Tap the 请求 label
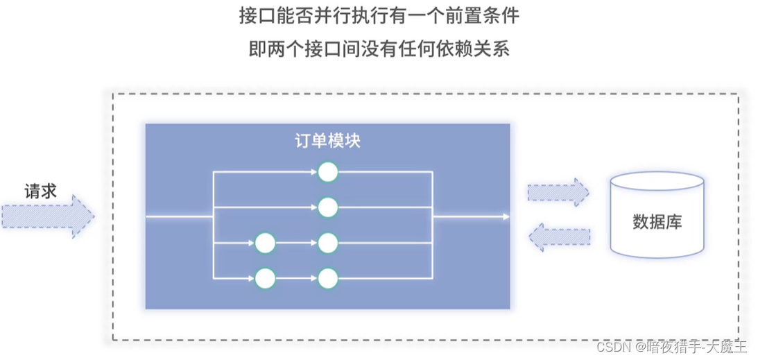(x=40, y=191)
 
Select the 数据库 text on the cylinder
(x=657, y=222)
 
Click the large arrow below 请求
(x=47, y=216)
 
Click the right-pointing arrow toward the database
(x=558, y=191)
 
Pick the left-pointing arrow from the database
(x=558, y=237)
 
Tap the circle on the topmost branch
(x=327, y=171)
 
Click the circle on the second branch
(x=327, y=207)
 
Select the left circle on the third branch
(x=265, y=243)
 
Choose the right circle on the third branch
(x=327, y=243)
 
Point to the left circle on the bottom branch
(x=265, y=280)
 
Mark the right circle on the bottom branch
(x=327, y=280)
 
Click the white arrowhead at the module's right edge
(x=506, y=217)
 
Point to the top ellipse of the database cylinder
(x=657, y=184)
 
